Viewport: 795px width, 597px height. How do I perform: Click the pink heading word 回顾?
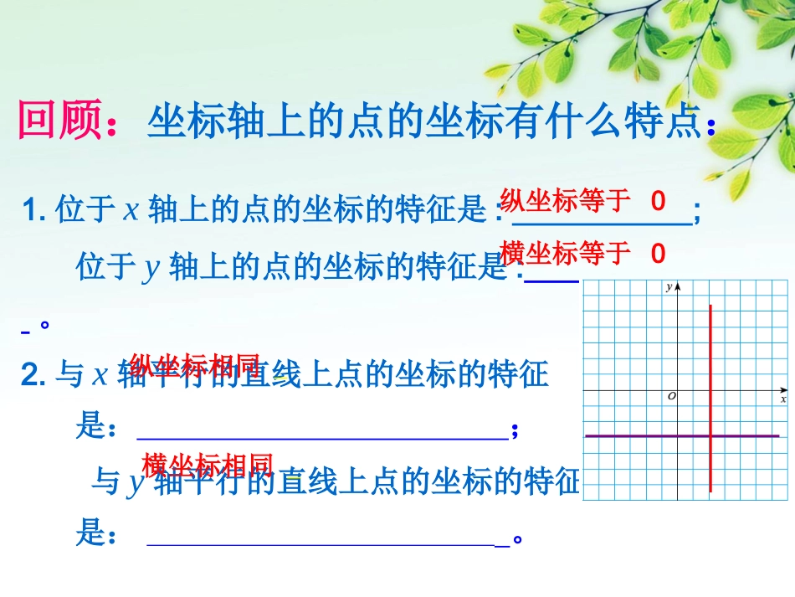pyautogui.click(x=59, y=122)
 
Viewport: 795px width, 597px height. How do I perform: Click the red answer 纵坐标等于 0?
pyautogui.click(x=582, y=201)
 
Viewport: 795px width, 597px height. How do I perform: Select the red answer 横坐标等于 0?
pyautogui.click(x=582, y=252)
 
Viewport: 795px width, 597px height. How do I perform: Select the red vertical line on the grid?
pyautogui.click(x=710, y=368)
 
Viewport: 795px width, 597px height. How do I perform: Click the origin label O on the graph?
pyautogui.click(x=671, y=396)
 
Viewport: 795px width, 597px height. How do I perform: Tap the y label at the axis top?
pyautogui.click(x=669, y=287)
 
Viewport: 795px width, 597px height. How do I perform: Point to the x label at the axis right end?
pyautogui.click(x=783, y=399)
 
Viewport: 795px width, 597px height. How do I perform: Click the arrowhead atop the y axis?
pyautogui.click(x=679, y=286)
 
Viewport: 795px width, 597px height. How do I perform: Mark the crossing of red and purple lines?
pyautogui.click(x=710, y=436)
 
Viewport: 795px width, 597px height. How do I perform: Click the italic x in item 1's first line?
pyautogui.click(x=131, y=210)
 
